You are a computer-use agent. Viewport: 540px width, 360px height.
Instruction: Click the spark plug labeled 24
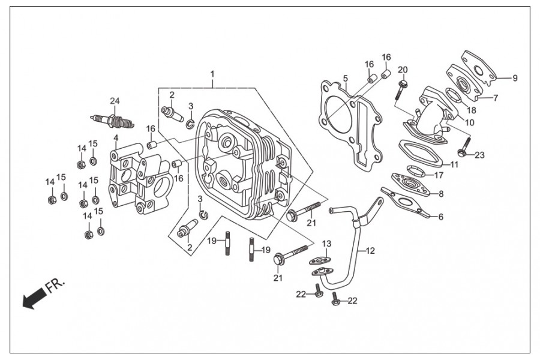pyautogui.click(x=112, y=121)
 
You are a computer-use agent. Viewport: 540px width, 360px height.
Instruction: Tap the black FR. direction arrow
pyautogui.click(x=34, y=298)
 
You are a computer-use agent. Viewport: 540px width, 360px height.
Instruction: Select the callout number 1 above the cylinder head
pyautogui.click(x=212, y=74)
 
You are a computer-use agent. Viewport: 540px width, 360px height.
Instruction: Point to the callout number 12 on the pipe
pyautogui.click(x=370, y=251)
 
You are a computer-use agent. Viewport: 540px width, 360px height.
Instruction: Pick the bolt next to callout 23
pyautogui.click(x=464, y=147)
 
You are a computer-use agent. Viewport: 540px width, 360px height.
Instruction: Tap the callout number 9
pyautogui.click(x=515, y=78)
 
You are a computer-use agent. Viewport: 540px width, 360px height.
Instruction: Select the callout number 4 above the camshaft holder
pyautogui.click(x=116, y=138)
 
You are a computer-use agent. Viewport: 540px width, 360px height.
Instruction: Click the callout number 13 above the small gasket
pyautogui.click(x=326, y=244)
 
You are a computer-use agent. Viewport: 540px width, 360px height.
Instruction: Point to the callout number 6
pyautogui.click(x=441, y=217)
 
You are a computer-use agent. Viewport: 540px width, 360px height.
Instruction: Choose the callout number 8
pyautogui.click(x=441, y=194)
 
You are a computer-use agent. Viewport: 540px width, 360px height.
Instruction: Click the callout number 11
pyautogui.click(x=455, y=164)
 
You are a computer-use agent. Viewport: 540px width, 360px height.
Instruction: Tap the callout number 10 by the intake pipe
pyautogui.click(x=469, y=122)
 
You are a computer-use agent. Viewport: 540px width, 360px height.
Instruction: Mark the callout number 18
pyautogui.click(x=472, y=110)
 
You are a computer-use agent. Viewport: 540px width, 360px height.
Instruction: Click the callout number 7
pyautogui.click(x=496, y=98)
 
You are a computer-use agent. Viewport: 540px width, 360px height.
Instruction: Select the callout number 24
pyautogui.click(x=115, y=101)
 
